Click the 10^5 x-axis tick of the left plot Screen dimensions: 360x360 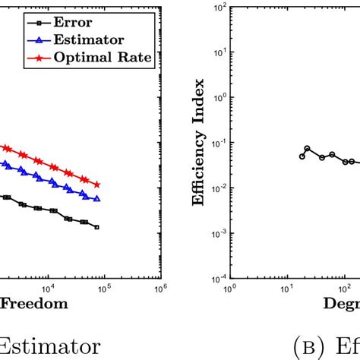tap(104, 288)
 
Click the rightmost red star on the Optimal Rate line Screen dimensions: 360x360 tap(97, 185)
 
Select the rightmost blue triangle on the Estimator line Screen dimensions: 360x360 tap(97, 198)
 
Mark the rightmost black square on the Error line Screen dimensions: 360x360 tap(96, 227)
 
